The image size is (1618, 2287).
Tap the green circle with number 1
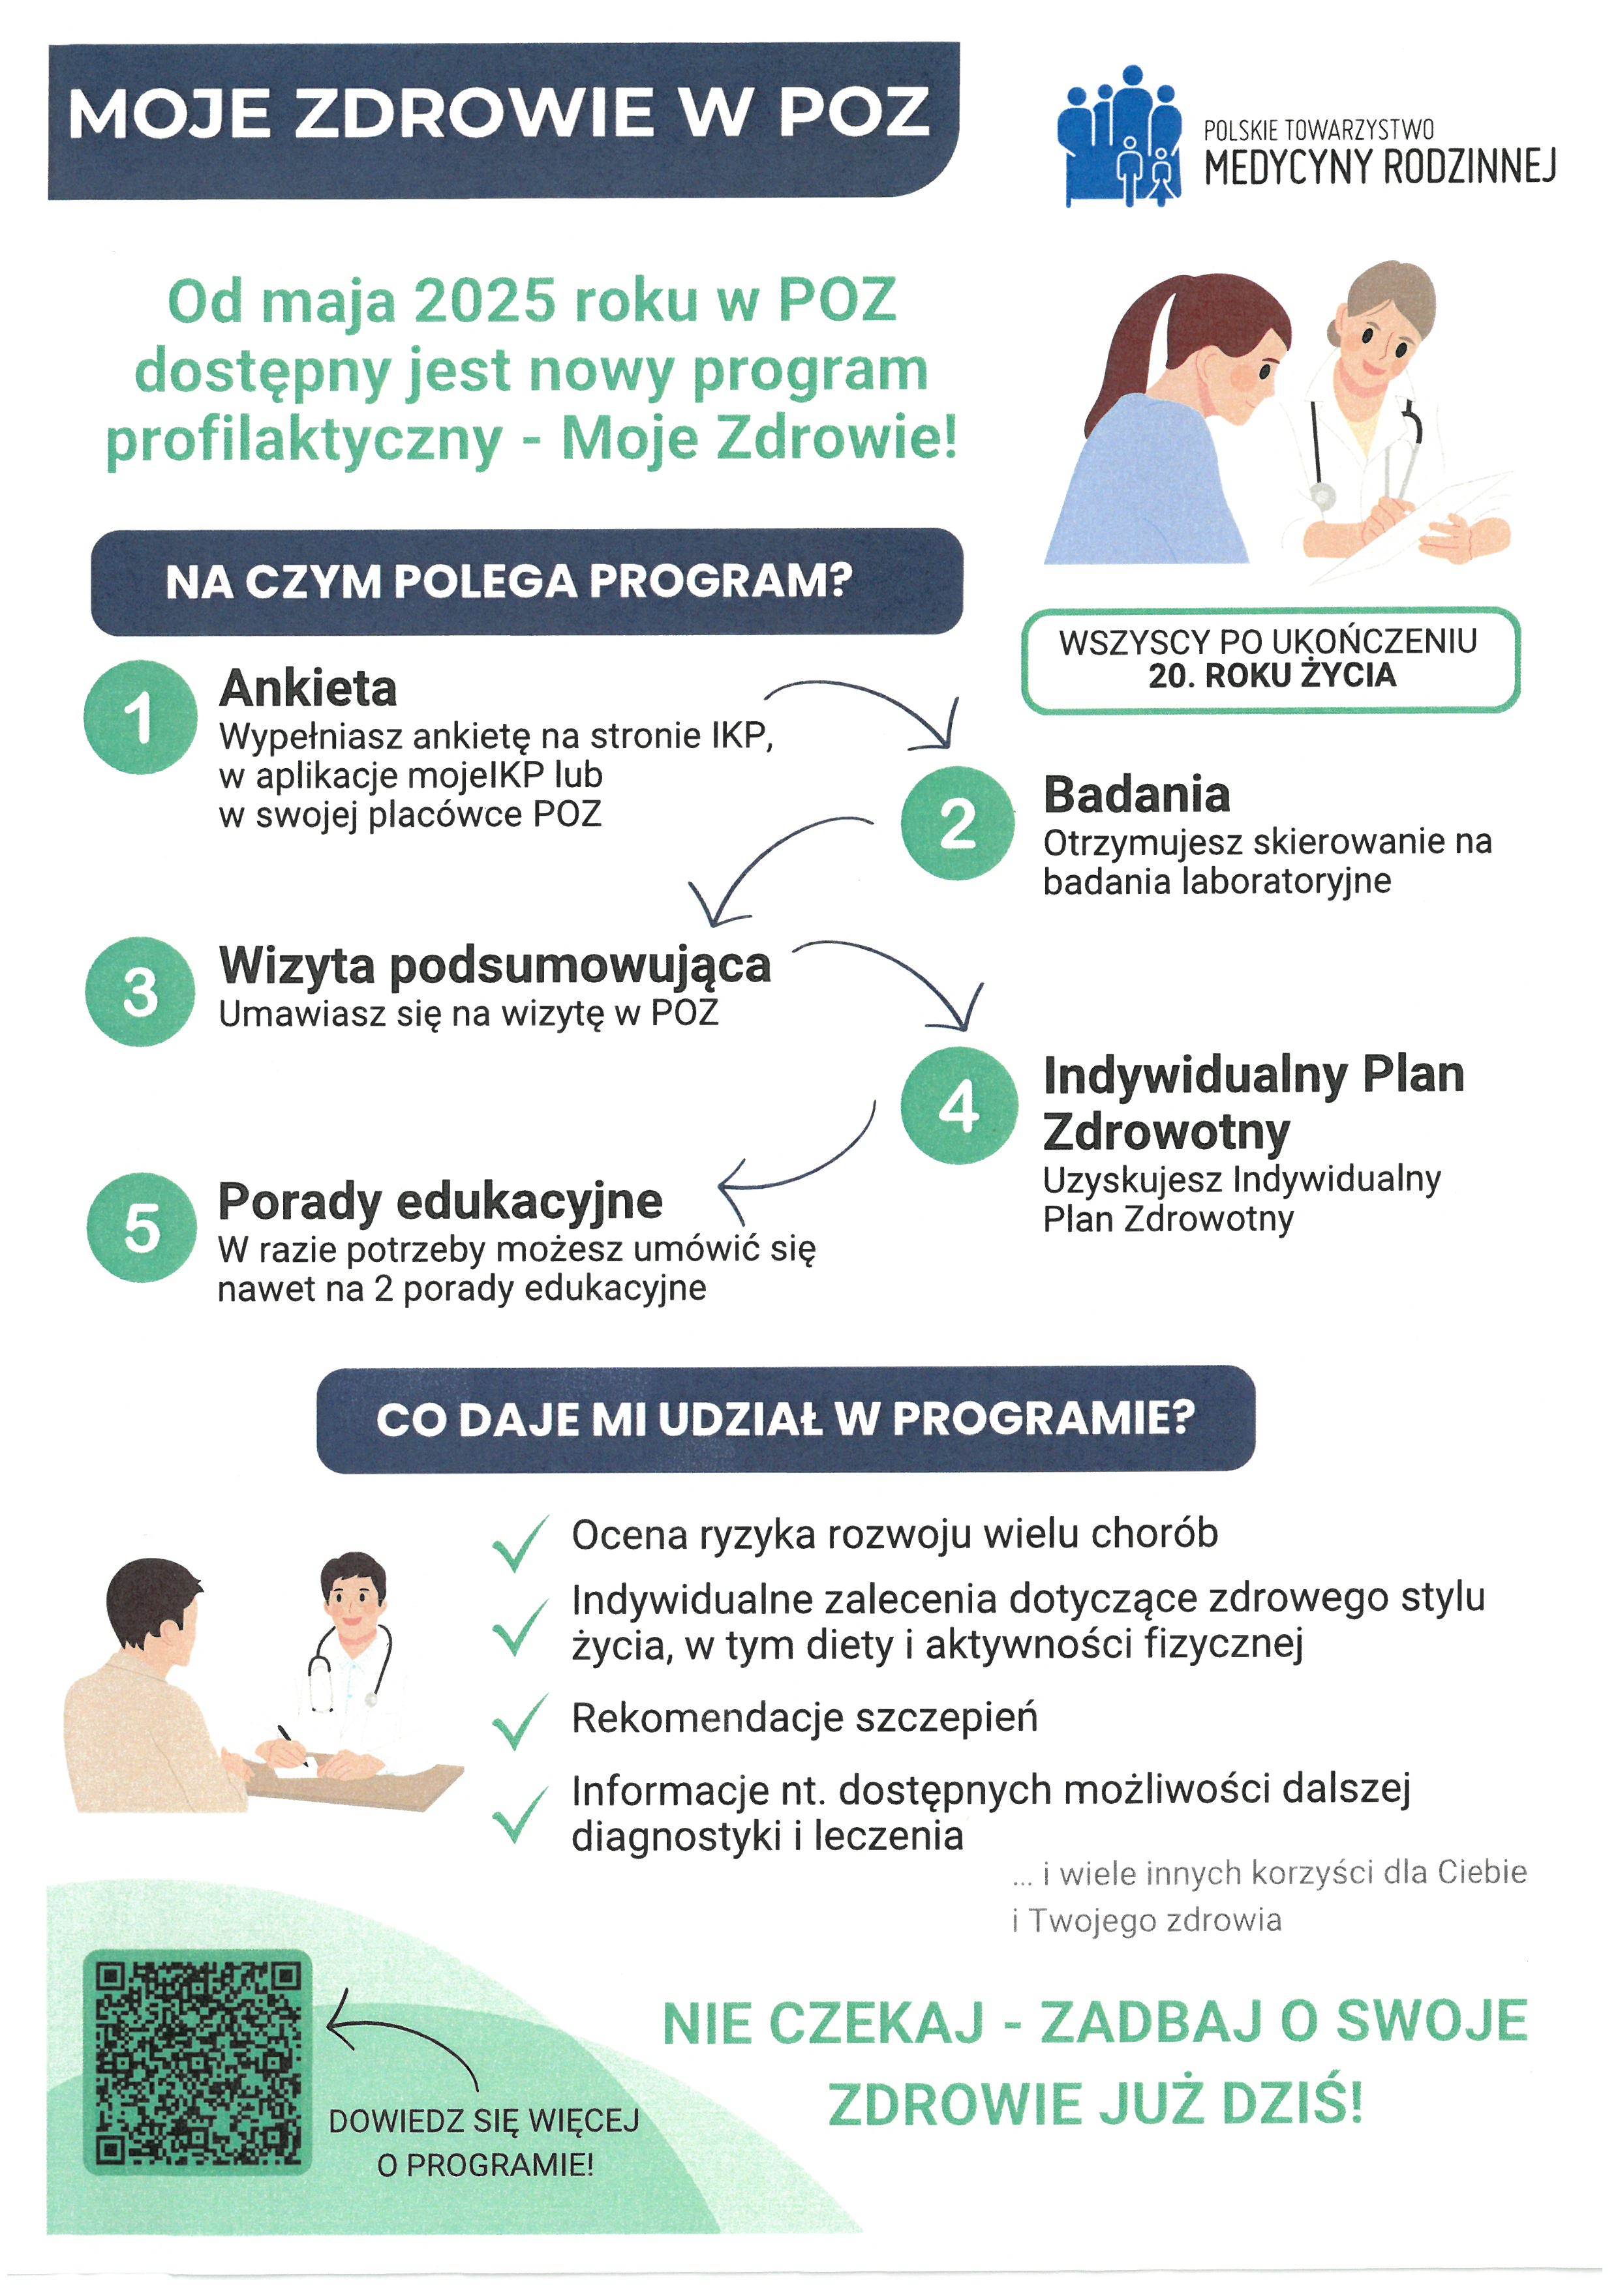tap(140, 717)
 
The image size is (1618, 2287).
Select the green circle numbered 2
tap(958, 823)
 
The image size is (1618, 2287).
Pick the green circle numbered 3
tap(140, 991)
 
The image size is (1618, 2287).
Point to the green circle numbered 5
tap(142, 1227)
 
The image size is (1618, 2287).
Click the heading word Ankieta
tap(308, 688)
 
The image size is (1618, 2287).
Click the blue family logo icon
tap(1119, 136)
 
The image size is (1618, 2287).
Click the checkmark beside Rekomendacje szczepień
tap(519, 1721)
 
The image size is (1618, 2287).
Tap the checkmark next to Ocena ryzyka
tap(519, 1543)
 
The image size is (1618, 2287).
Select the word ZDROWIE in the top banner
tap(480, 113)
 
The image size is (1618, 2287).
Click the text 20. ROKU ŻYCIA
tap(1272, 676)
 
